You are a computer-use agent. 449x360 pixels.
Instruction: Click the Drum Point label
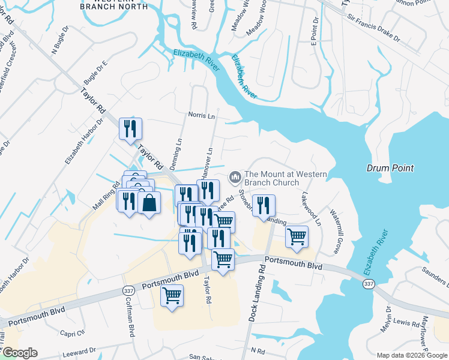391,168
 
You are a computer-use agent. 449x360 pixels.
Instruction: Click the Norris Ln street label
202,115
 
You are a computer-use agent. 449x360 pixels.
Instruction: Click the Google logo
19,353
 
